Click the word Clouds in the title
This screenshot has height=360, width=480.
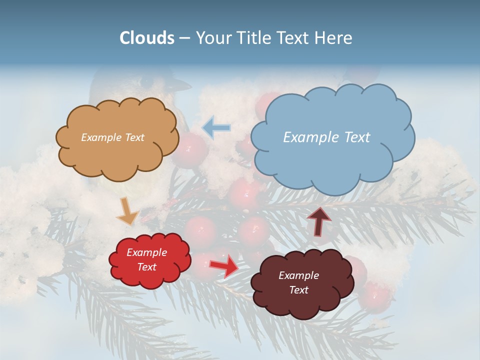[147, 38]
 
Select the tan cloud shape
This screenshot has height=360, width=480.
[117, 155]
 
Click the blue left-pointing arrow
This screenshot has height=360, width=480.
[216, 127]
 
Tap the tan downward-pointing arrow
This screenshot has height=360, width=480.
[127, 211]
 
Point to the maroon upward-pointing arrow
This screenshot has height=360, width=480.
[318, 220]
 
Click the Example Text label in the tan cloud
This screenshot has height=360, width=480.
[112, 137]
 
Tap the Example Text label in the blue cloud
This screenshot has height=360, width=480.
[326, 137]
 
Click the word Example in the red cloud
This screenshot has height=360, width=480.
[146, 252]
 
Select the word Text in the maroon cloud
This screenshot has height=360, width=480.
[298, 290]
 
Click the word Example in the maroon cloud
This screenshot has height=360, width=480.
[298, 275]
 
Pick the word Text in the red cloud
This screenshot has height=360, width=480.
[146, 267]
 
